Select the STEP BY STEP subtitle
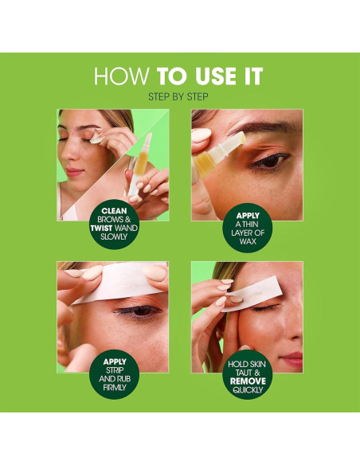click(179, 96)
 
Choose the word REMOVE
click(247, 381)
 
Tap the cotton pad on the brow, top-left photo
click(96, 139)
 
